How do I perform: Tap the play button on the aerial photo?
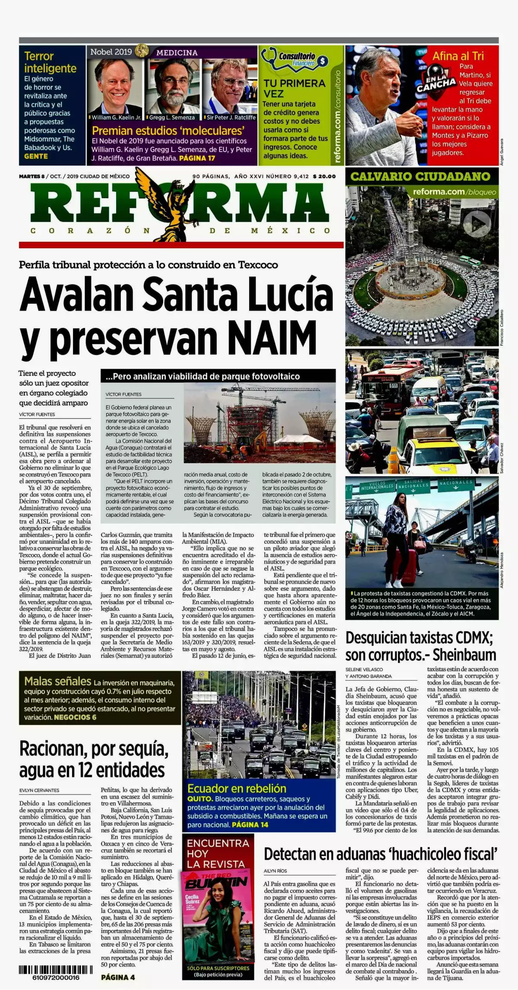click(477, 223)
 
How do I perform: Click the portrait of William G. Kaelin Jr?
click(115, 86)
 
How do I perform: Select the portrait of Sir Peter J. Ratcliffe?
click(230, 86)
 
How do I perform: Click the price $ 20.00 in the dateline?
click(324, 176)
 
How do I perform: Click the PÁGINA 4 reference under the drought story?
click(118, 977)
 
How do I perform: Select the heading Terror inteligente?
click(50, 62)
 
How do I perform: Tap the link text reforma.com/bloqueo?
click(454, 192)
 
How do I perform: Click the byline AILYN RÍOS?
click(275, 871)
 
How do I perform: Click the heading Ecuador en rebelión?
click(237, 788)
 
